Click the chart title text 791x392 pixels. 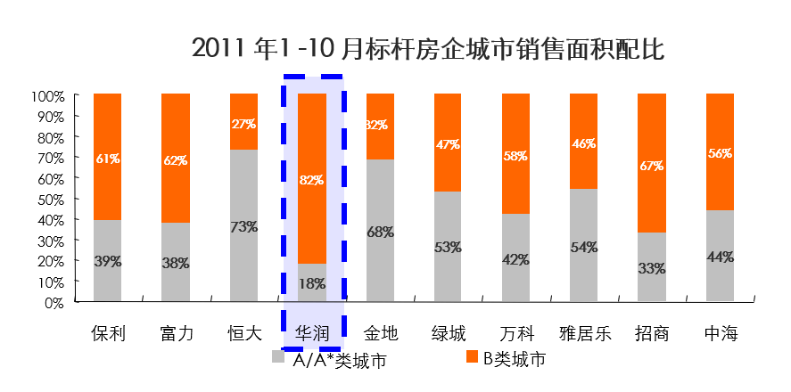point(428,49)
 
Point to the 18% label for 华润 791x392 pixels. point(312,284)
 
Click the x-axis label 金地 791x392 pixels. point(381,334)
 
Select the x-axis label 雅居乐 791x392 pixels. point(584,334)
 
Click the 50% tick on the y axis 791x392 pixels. point(49,199)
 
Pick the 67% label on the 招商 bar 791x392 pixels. point(651,166)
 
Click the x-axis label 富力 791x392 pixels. point(176,334)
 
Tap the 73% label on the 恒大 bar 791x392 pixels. point(243,226)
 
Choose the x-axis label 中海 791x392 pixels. point(720,334)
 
